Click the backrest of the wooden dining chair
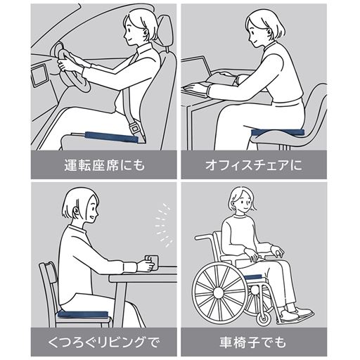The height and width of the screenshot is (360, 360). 50,285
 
